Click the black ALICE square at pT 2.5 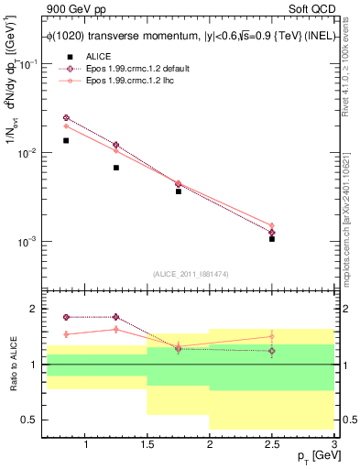coord(272,238)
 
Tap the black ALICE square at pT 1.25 coord(115,168)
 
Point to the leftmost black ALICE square coord(66,140)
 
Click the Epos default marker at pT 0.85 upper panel coord(66,117)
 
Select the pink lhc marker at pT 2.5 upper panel coord(272,225)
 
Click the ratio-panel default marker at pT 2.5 coord(272,350)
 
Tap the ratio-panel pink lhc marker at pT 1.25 coord(115,329)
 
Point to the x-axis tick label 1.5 coord(147,444)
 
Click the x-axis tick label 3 coord(333,444)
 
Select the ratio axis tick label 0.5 coord(30,420)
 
